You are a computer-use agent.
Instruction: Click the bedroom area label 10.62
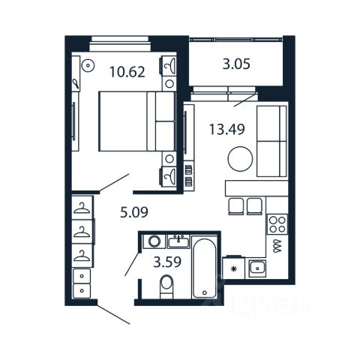click(127, 72)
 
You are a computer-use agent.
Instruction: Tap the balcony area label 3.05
click(236, 64)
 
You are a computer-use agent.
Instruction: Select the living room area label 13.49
click(226, 130)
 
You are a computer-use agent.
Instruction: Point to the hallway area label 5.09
click(134, 212)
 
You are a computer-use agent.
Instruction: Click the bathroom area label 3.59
click(167, 262)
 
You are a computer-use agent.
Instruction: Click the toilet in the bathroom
click(166, 286)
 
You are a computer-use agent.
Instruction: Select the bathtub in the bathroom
click(204, 268)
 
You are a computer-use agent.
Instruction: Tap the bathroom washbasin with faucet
click(178, 241)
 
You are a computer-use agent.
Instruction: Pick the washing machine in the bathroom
click(154, 241)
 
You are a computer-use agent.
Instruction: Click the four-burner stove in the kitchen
click(277, 224)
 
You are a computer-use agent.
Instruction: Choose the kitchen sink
click(257, 268)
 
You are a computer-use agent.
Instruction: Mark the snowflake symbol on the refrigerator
click(234, 269)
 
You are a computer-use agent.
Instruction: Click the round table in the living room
click(240, 159)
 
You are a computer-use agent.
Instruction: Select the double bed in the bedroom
click(136, 121)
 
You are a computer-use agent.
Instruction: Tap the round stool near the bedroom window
click(88, 65)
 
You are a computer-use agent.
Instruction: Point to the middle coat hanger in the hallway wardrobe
click(82, 232)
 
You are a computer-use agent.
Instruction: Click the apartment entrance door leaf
click(113, 314)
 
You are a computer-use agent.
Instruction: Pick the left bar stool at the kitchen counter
click(236, 206)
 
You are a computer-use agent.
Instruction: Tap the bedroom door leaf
click(114, 183)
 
